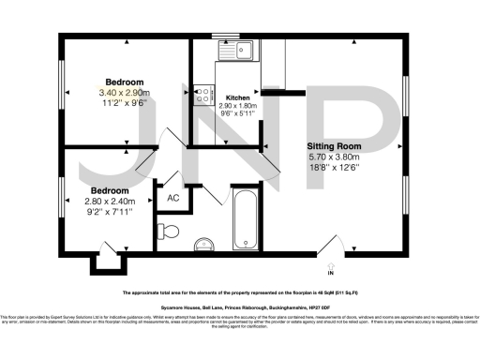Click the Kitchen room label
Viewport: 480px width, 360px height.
(236, 97)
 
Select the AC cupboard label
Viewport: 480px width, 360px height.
(173, 198)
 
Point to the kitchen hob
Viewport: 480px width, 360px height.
(202, 95)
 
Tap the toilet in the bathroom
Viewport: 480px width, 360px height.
(171, 230)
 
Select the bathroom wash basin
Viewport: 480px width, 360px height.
(204, 246)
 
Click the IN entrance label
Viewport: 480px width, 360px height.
(330, 273)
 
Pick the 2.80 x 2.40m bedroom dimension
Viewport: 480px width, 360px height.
(111, 202)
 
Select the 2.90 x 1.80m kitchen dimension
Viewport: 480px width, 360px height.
(236, 107)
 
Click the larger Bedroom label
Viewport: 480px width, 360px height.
(125, 82)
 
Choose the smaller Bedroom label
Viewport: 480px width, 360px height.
(111, 190)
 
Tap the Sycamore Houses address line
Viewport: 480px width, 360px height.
(240, 307)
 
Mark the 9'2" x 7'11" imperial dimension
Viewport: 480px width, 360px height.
(111, 213)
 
